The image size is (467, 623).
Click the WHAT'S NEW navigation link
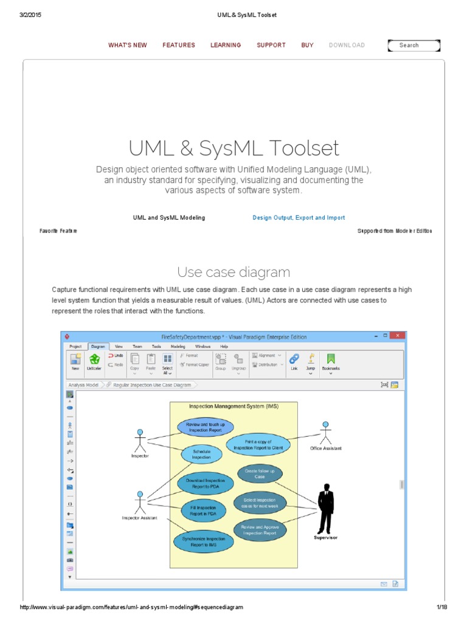pos(127,45)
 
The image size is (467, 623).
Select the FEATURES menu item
pos(179,45)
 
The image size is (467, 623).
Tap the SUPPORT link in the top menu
pos(271,45)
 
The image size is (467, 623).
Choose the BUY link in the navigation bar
pos(307,45)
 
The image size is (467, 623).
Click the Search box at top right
pos(413,45)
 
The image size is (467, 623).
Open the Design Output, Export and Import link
pos(299,217)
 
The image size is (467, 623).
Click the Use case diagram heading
pos(233,272)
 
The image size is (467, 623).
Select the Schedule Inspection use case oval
pos(201,454)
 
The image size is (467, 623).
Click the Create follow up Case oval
pos(260,473)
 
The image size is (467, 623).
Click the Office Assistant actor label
pos(325,448)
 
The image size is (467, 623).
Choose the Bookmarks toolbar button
pos(331,361)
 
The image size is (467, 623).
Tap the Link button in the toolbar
pos(294,361)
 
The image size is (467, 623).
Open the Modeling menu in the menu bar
pos(178,346)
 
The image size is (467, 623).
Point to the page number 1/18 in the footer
pos(441,607)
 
